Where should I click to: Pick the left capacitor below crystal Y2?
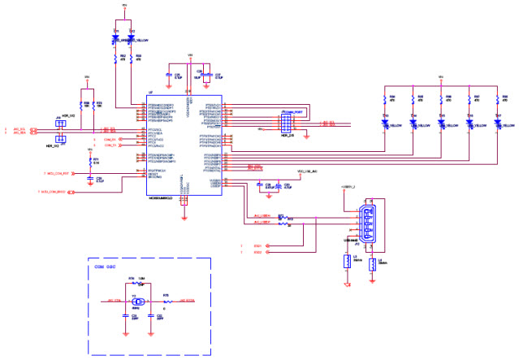(x=125, y=314)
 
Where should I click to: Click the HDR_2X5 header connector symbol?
(x=286, y=124)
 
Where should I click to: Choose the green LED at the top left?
(x=115, y=37)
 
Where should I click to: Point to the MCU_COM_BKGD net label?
(x=51, y=192)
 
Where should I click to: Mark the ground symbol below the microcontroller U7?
(x=184, y=217)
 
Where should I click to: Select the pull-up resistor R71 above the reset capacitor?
(x=89, y=160)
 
